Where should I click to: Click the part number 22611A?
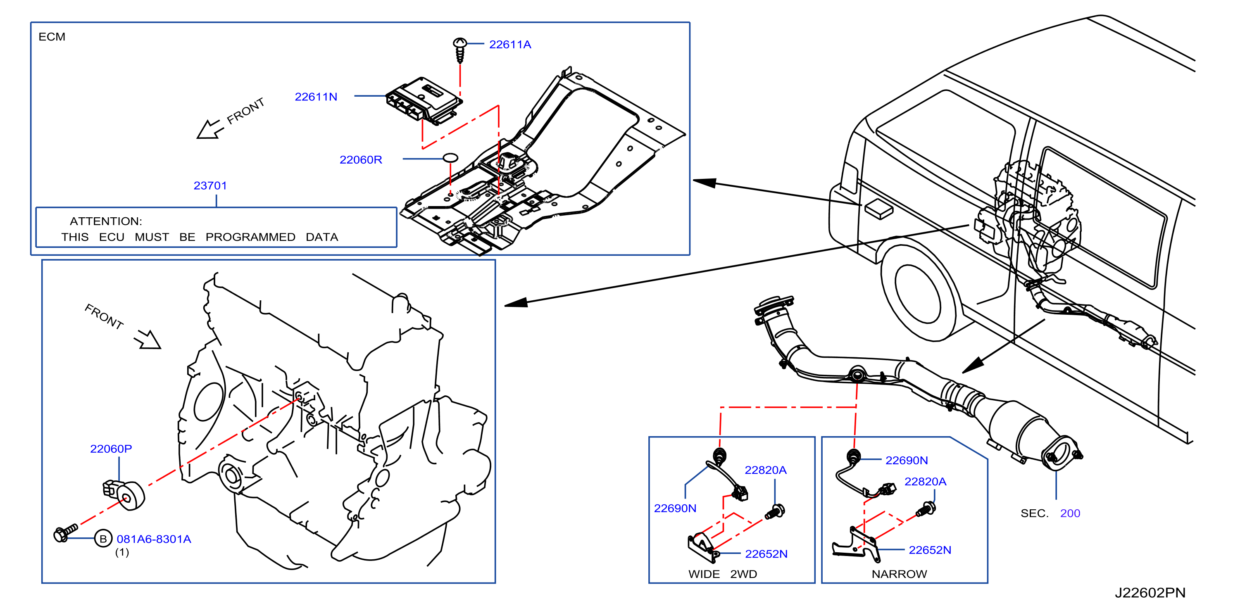[510, 45]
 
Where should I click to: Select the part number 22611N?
[316, 97]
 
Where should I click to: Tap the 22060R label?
[361, 160]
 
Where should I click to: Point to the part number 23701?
[210, 185]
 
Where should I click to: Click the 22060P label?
[111, 449]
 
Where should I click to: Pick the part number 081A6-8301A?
[154, 539]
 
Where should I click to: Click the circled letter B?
[103, 539]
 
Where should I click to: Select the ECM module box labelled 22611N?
[424, 100]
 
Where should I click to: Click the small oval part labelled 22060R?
[450, 157]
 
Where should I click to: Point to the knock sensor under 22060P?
[124, 494]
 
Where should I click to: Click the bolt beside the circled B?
[66, 532]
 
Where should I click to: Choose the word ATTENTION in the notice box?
[106, 221]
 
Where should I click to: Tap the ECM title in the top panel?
[52, 37]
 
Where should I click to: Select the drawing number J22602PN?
[1150, 593]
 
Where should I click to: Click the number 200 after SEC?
[1070, 513]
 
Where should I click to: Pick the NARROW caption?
[900, 574]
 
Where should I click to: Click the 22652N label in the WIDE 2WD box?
[766, 554]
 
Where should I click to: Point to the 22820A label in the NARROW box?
[925, 482]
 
